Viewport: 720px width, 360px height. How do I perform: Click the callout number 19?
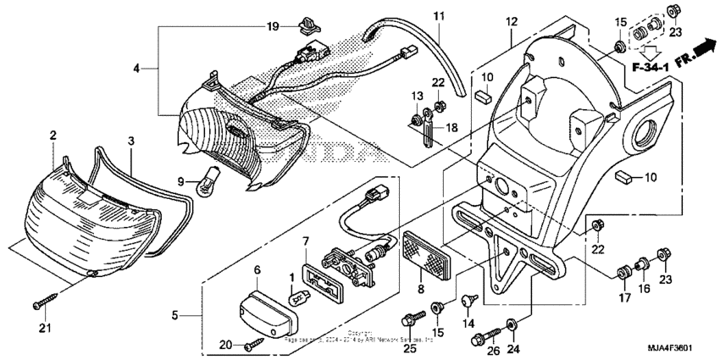click(272, 26)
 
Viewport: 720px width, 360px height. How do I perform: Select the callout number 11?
click(438, 17)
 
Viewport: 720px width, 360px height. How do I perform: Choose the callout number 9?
click(180, 180)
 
